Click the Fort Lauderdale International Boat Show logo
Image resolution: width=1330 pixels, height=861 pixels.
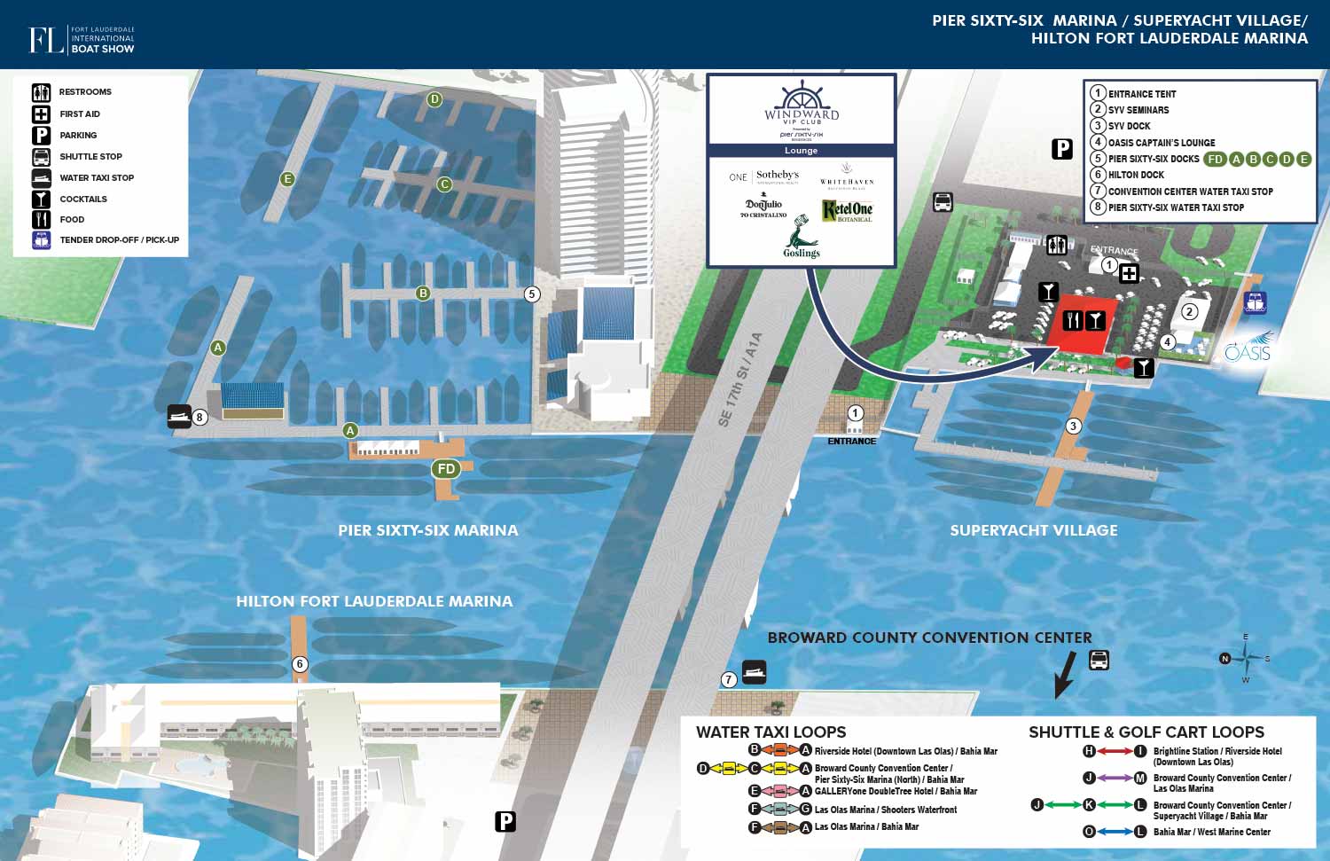pyautogui.click(x=82, y=40)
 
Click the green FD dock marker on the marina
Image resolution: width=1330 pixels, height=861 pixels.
pyautogui.click(x=446, y=469)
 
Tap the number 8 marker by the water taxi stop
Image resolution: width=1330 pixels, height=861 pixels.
pyautogui.click(x=200, y=418)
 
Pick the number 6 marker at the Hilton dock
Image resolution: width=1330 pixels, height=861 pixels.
pyautogui.click(x=300, y=664)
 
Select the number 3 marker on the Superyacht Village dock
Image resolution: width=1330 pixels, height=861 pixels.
pyautogui.click(x=1073, y=427)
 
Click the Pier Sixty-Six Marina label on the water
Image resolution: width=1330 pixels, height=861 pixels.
pyautogui.click(x=427, y=530)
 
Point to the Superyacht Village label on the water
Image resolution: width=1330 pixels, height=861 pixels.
pyautogui.click(x=1034, y=530)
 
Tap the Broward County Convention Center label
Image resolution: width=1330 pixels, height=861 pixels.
pyautogui.click(x=929, y=638)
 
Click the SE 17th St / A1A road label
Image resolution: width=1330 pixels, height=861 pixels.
pyautogui.click(x=739, y=380)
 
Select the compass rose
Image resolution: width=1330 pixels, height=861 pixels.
pyautogui.click(x=1245, y=659)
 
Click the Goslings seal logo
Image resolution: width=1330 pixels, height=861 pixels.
pyautogui.click(x=801, y=236)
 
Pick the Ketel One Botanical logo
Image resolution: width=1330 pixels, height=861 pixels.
pyautogui.click(x=847, y=210)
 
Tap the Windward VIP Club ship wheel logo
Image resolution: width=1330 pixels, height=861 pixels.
pyautogui.click(x=802, y=101)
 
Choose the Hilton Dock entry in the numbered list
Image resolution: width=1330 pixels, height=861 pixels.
pyautogui.click(x=1136, y=176)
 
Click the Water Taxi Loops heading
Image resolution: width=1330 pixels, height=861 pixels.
pyautogui.click(x=771, y=732)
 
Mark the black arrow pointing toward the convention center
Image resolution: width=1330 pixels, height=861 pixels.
pyautogui.click(x=1065, y=675)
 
